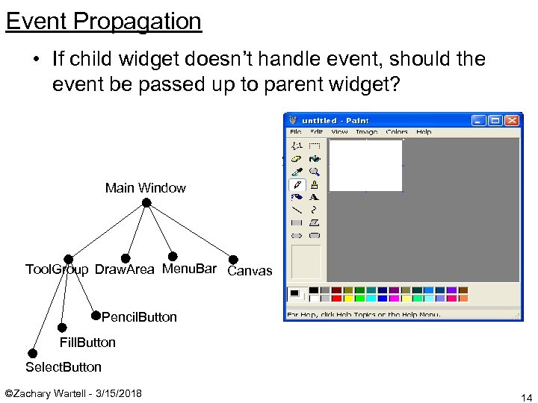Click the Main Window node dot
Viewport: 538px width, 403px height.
(x=146, y=203)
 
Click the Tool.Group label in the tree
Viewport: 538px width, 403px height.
(x=56, y=269)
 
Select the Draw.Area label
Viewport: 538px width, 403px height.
(x=124, y=269)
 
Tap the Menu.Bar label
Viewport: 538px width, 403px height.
(x=189, y=269)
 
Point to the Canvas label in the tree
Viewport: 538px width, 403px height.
(x=250, y=271)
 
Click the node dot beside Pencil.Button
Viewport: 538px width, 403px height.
(x=96, y=315)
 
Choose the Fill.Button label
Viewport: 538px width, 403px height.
(x=87, y=343)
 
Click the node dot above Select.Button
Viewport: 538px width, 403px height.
(x=32, y=353)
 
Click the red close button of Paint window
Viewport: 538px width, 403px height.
(x=512, y=120)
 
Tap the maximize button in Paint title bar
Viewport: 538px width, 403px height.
(x=495, y=120)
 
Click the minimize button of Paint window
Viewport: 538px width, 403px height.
(x=477, y=120)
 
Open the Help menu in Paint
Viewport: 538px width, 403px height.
(x=424, y=132)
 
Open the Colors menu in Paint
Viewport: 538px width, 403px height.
(x=397, y=132)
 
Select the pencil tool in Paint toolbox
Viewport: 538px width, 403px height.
(x=297, y=184)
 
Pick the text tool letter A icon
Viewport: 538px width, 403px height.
(x=314, y=197)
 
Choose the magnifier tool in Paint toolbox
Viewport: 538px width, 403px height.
(x=314, y=171)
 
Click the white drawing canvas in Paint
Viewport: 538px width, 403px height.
(x=366, y=165)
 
